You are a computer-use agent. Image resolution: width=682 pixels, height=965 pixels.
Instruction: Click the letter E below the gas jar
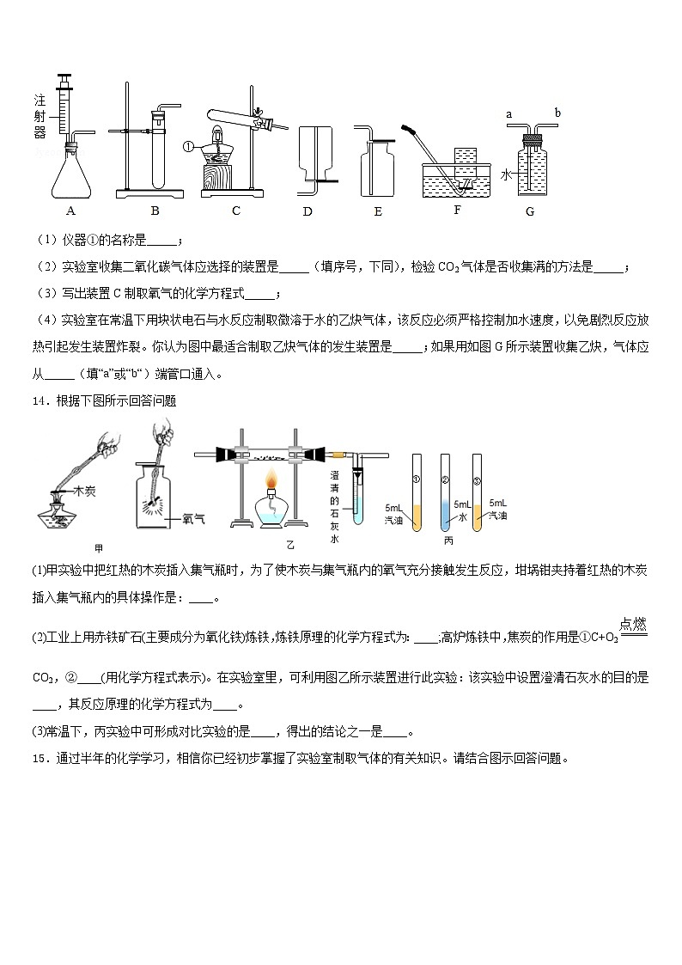tap(378, 211)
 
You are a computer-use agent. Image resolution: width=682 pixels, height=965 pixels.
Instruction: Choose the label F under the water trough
tap(456, 209)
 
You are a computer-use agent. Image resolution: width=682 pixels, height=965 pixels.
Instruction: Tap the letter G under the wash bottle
tap(530, 211)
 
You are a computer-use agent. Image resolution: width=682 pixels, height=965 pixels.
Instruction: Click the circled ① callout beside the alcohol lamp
tap(188, 146)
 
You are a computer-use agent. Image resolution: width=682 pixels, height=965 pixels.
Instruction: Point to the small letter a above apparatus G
tap(508, 113)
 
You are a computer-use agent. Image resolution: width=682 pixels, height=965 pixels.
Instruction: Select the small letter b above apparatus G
tap(557, 113)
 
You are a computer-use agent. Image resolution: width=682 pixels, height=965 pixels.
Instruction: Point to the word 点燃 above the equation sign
tap(632, 622)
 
